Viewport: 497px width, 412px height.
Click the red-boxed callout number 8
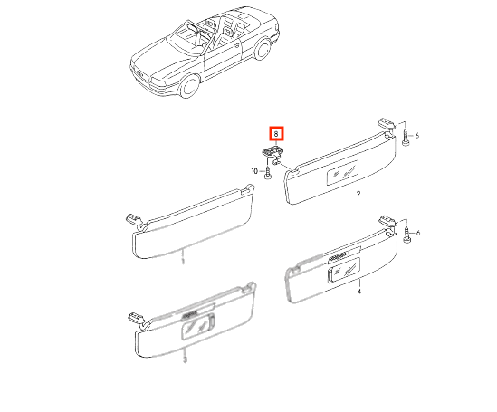click(x=276, y=134)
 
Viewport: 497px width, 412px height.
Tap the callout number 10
click(x=254, y=171)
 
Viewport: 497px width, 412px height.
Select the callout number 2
click(x=358, y=194)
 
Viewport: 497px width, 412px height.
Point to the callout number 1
click(x=183, y=261)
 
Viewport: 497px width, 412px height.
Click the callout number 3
click(x=185, y=359)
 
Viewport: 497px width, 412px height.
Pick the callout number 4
click(x=358, y=292)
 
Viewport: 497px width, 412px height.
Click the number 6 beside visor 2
click(x=416, y=136)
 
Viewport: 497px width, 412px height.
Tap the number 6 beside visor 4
click(x=417, y=234)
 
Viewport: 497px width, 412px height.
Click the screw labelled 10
click(x=268, y=172)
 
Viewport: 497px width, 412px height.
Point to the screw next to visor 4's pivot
click(x=406, y=235)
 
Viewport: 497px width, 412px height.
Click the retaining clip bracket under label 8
click(x=272, y=153)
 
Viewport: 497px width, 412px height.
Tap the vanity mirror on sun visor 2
click(x=342, y=173)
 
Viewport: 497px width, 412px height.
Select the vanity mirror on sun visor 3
click(x=198, y=327)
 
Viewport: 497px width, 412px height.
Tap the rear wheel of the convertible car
click(x=262, y=49)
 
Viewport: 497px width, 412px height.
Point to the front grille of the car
click(x=139, y=73)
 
